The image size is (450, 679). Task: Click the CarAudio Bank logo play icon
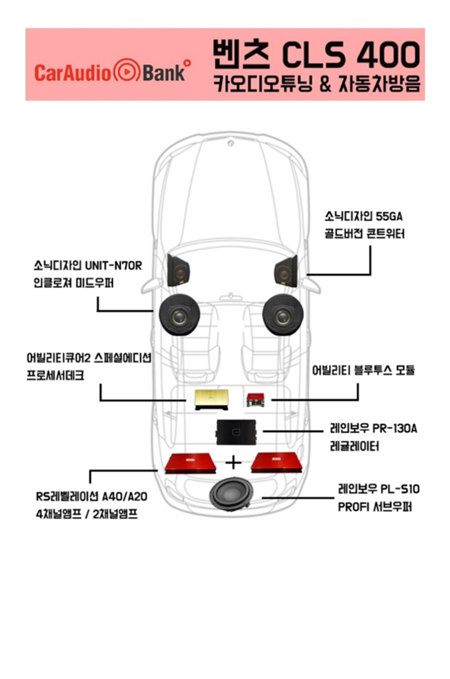click(x=126, y=71)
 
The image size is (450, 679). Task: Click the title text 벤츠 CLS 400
click(x=316, y=55)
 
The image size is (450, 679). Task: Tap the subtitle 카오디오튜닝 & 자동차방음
click(x=317, y=83)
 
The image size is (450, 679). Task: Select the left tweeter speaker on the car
click(x=178, y=271)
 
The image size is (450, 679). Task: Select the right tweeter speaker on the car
click(x=286, y=271)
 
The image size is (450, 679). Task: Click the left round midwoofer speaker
click(x=179, y=315)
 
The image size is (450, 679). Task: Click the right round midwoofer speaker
click(x=282, y=315)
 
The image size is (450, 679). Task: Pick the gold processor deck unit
click(x=211, y=399)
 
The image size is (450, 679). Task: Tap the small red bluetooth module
click(x=255, y=399)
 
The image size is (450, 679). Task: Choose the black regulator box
click(x=237, y=432)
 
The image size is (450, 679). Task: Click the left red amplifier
click(x=190, y=463)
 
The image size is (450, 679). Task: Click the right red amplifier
click(x=277, y=463)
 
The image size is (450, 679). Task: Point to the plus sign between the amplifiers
click(x=233, y=462)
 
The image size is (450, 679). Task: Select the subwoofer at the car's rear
click(x=230, y=495)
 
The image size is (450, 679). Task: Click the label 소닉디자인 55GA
click(x=363, y=216)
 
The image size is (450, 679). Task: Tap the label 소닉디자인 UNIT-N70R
click(x=88, y=265)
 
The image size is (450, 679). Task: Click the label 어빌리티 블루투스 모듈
click(x=363, y=371)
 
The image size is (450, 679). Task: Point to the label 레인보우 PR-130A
click(x=373, y=429)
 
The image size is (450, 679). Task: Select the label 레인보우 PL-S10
click(x=379, y=489)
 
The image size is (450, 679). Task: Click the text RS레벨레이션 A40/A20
click(x=92, y=497)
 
